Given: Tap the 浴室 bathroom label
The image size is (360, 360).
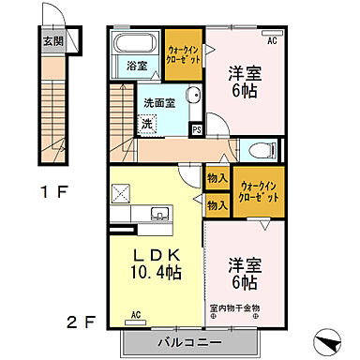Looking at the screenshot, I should tap(135, 66).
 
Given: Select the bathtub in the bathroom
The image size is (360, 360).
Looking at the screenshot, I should tap(137, 45).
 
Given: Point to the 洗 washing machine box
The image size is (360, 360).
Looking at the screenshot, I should tap(147, 122).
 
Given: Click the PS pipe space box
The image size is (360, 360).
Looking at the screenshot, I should tap(196, 129).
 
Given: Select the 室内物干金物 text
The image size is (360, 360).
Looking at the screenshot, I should tap(247, 307).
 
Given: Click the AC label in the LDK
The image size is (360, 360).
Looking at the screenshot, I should tap(136, 314).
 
